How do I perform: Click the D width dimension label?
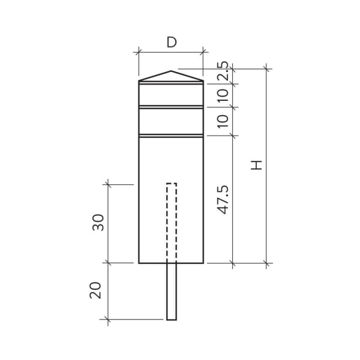[172, 41]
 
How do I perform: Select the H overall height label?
[257, 165]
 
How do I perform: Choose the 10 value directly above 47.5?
[223, 121]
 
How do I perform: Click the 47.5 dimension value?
[223, 200]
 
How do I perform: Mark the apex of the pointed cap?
[172, 71]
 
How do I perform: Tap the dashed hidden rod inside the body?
[172, 222]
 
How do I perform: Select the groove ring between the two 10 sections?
[172, 107]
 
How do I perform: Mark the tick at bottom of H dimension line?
[265, 263]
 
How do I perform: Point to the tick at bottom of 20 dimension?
[108, 319]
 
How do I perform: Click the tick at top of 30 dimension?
[108, 184]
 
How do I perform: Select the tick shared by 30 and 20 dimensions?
[108, 263]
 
